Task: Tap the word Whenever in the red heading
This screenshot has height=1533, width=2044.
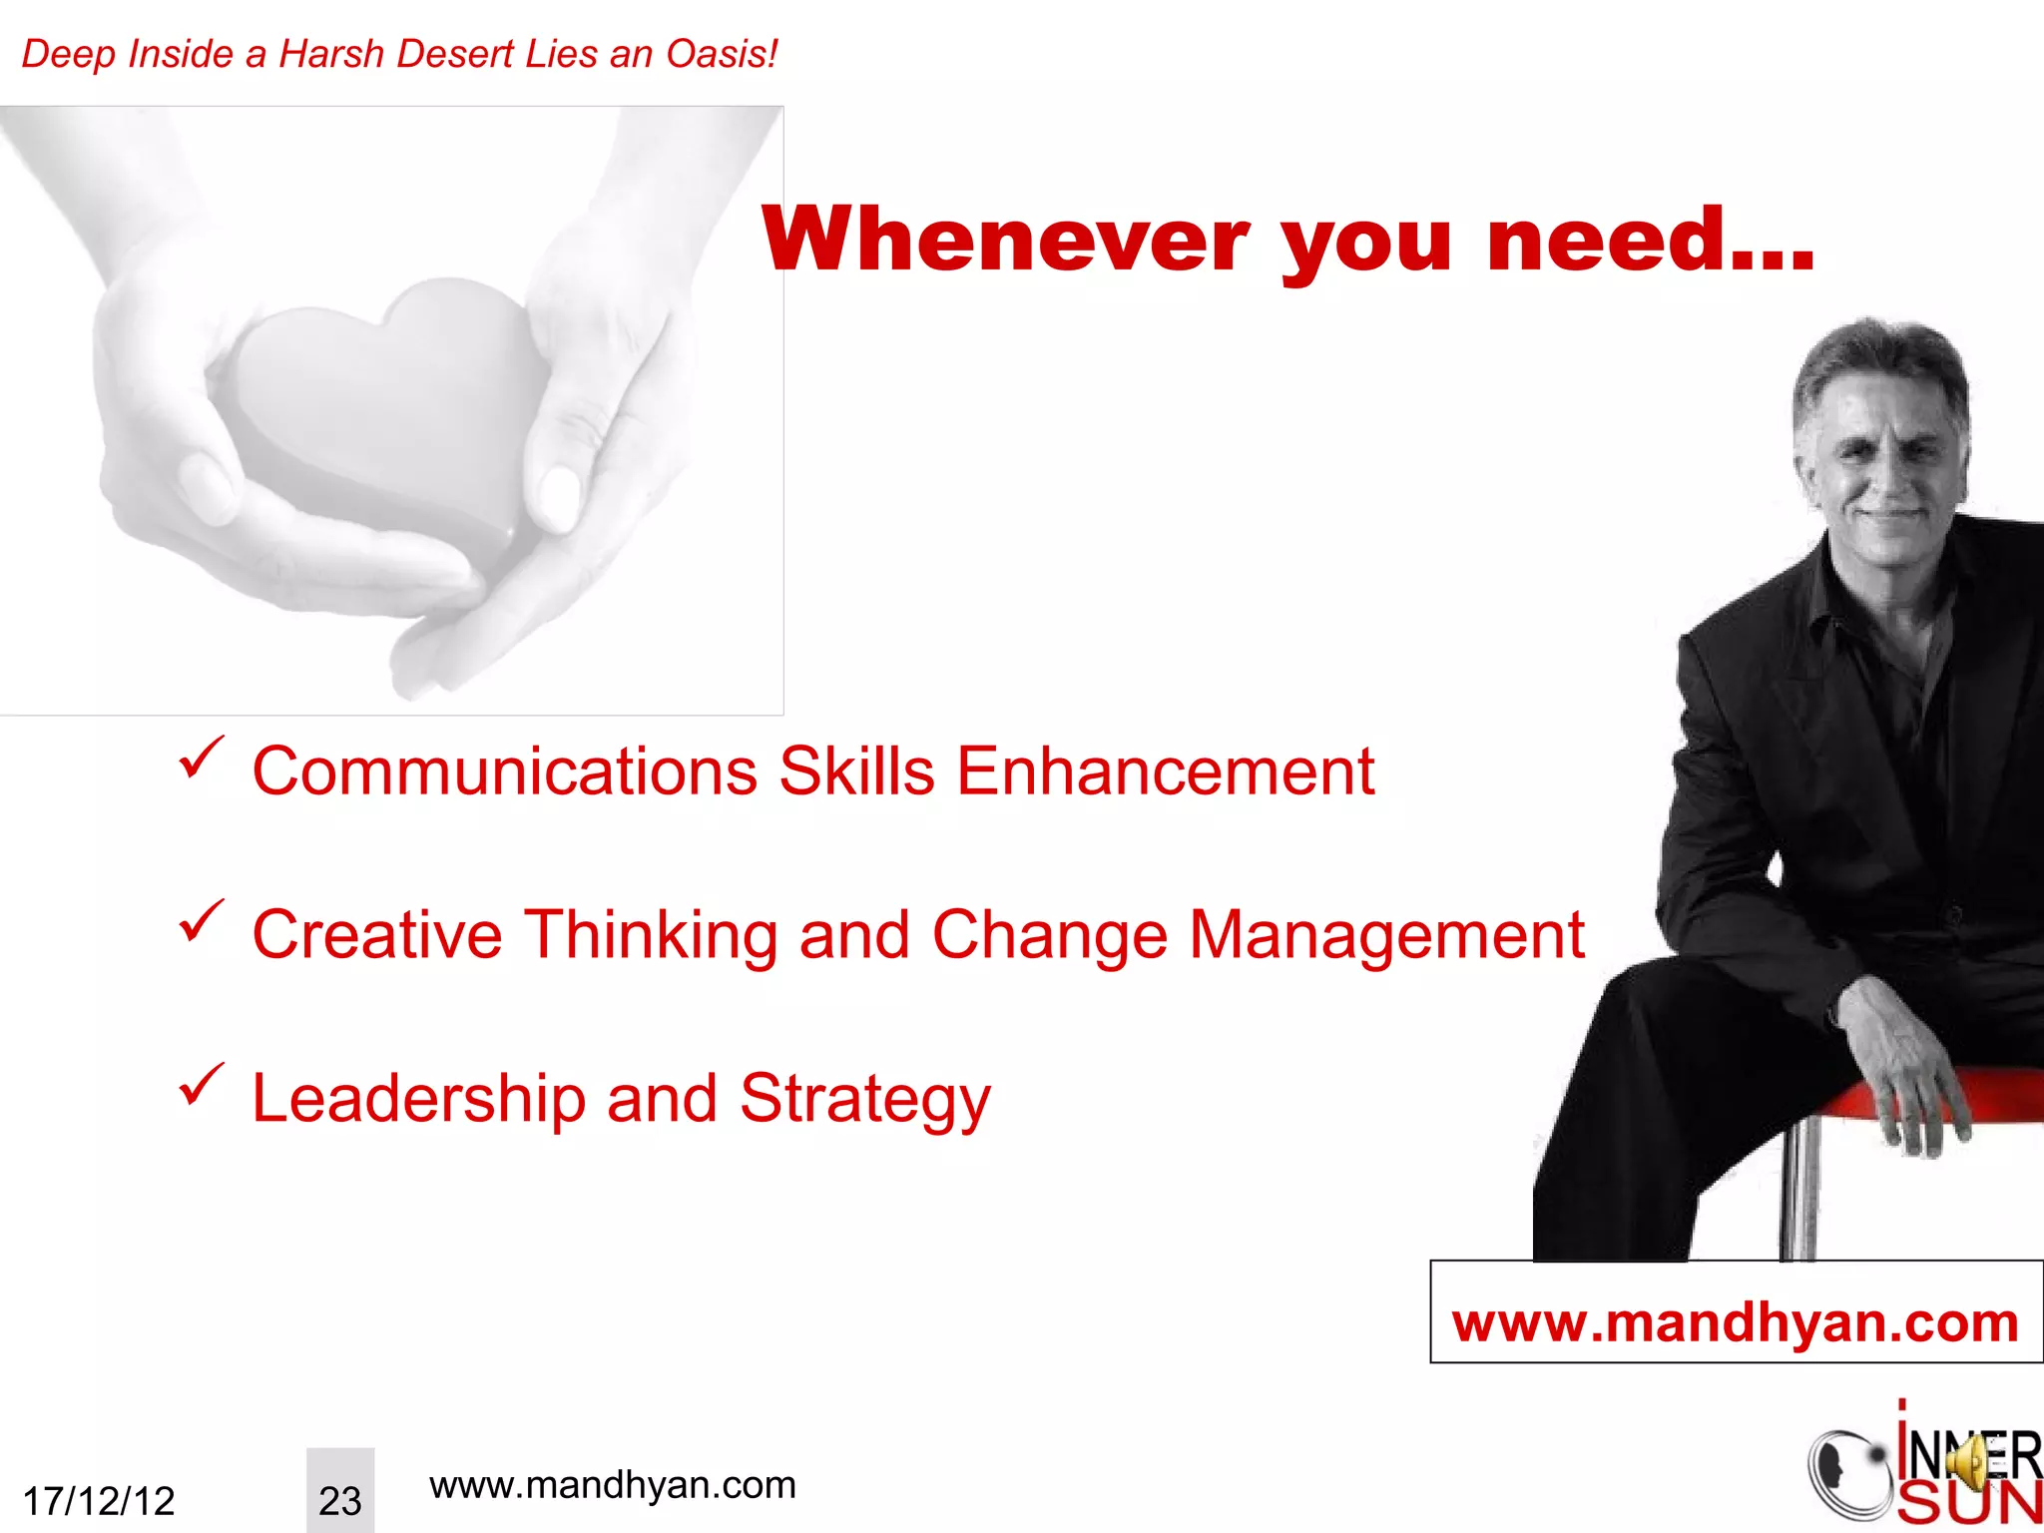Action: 1006,240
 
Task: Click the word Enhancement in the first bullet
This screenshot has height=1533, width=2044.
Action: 1165,771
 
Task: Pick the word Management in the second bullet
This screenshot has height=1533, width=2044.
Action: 1386,935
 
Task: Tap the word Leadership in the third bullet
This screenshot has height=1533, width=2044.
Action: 418,1098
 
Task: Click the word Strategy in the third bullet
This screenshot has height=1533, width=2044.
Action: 864,1100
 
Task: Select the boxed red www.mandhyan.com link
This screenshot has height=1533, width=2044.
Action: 1735,1322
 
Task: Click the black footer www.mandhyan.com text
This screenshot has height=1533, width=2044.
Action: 612,1485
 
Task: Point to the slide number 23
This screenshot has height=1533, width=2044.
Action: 339,1500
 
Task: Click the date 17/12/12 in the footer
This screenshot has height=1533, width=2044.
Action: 99,1500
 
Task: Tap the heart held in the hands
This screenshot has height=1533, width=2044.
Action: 389,399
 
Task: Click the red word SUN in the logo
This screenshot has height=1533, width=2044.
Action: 1968,1505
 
